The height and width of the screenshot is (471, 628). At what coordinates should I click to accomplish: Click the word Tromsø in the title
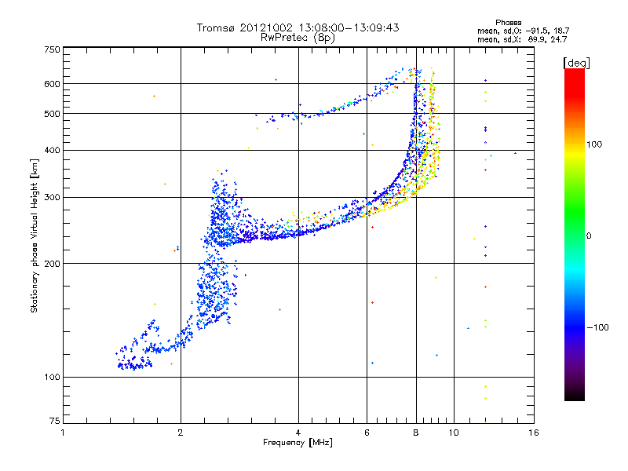[215, 27]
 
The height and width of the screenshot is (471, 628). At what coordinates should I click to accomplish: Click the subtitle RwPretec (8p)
[298, 38]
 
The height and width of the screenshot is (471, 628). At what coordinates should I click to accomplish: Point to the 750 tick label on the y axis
[52, 49]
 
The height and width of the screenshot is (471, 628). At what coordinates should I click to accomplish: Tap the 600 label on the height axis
[52, 84]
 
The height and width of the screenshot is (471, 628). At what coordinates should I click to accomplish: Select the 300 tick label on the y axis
[52, 198]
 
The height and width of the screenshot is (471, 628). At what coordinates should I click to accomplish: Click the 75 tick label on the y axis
[55, 421]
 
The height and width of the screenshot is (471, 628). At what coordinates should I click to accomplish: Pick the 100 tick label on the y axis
[52, 378]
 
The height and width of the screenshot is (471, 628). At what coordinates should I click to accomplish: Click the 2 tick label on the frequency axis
[181, 433]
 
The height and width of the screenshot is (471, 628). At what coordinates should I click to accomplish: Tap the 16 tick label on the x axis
[534, 433]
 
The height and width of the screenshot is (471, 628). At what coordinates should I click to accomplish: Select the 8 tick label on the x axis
[416, 433]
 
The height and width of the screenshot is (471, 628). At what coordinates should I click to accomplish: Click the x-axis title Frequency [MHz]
[298, 443]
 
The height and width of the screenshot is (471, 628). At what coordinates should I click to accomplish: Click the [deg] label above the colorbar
[576, 64]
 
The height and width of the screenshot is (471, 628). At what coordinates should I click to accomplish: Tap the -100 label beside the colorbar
[597, 327]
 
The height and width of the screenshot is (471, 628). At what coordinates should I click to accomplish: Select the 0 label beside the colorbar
[589, 236]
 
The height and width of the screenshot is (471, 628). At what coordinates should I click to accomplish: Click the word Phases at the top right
[508, 23]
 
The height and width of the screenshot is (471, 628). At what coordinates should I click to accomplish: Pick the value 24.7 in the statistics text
[559, 39]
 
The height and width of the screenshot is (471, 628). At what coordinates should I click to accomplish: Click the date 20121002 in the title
[266, 27]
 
